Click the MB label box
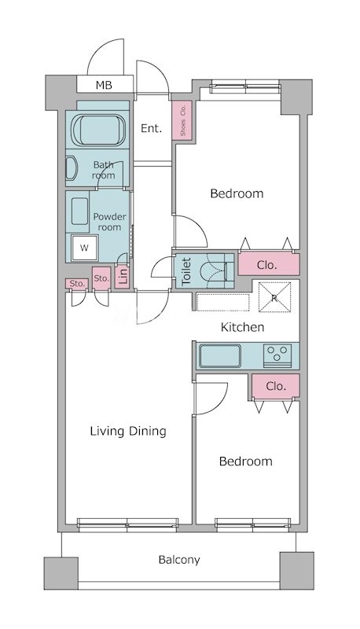105,85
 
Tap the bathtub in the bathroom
98,130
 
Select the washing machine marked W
84,248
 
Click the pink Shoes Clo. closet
182,120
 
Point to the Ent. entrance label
152,128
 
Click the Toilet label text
186,271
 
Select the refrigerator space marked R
274,297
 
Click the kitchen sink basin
220,356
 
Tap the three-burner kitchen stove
277,355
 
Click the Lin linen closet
123,276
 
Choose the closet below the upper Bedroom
269,264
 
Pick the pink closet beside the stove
276,386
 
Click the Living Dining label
128,431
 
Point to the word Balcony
179,560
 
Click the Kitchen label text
243,327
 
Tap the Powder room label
109,222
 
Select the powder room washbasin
79,211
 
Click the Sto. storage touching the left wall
77,284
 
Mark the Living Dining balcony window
128,524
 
